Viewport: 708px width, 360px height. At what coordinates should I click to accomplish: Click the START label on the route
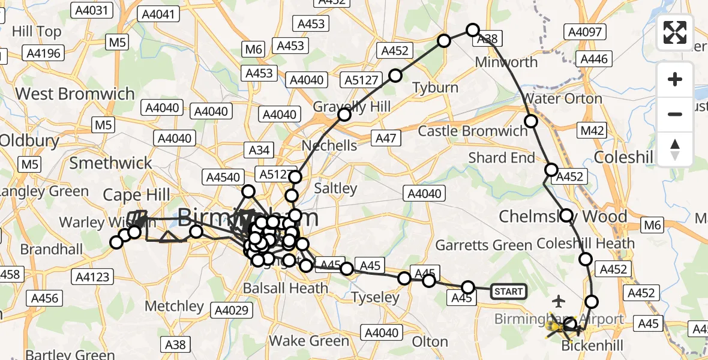(508, 292)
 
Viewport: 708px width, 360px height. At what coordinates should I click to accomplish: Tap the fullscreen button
(675, 32)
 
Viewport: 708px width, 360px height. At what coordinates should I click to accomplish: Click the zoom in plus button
(675, 79)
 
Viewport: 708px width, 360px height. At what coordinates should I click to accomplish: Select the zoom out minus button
(675, 114)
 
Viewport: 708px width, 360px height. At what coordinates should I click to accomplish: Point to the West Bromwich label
(75, 94)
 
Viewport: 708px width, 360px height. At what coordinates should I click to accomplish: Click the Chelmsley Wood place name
(563, 216)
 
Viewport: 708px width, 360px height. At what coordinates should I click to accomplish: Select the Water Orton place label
(563, 98)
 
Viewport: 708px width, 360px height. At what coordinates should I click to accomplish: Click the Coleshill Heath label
(586, 243)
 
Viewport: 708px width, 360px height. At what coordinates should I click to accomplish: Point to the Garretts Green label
(484, 245)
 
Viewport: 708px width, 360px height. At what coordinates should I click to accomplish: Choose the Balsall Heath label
(286, 288)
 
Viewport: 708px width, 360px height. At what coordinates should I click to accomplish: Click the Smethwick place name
(111, 163)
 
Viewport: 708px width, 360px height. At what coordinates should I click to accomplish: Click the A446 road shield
(594, 59)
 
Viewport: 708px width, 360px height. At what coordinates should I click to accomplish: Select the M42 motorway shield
(593, 130)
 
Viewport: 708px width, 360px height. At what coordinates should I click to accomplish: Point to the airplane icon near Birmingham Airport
(559, 299)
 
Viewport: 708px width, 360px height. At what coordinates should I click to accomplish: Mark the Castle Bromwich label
(473, 131)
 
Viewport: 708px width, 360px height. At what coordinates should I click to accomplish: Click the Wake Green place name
(309, 341)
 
